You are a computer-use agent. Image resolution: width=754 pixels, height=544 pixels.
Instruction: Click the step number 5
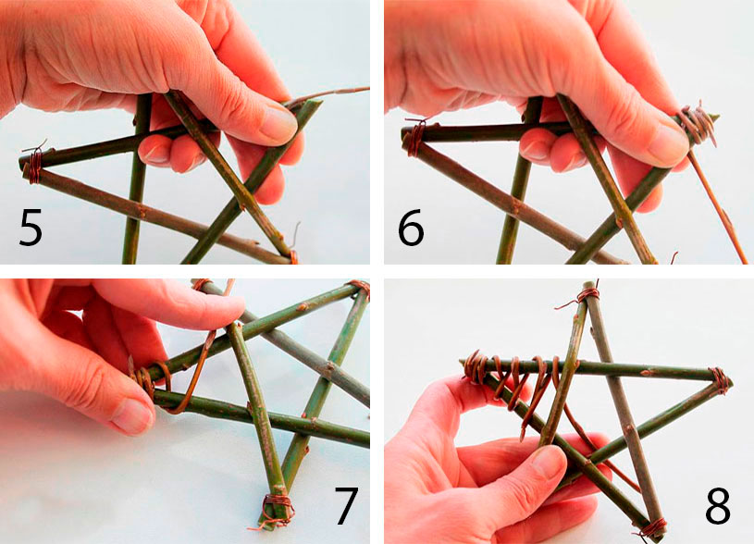tap(31, 228)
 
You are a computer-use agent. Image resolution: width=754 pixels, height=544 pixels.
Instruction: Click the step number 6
tap(411, 228)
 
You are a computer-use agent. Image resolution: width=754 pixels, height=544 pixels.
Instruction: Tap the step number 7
tap(346, 505)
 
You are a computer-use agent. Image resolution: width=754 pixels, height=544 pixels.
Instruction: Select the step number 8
tap(718, 506)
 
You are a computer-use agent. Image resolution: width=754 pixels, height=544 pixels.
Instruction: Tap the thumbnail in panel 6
tap(666, 144)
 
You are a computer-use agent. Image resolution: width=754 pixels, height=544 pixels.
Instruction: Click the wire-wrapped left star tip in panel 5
tap(34, 164)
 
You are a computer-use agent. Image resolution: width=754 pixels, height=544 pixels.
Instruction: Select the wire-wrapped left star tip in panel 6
tap(414, 138)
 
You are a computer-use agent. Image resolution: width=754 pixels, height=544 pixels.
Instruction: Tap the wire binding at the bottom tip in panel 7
tap(277, 511)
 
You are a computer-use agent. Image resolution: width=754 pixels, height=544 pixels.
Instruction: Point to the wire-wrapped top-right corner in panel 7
tap(359, 288)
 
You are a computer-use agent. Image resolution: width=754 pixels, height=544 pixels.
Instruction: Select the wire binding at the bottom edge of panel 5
tap(292, 256)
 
